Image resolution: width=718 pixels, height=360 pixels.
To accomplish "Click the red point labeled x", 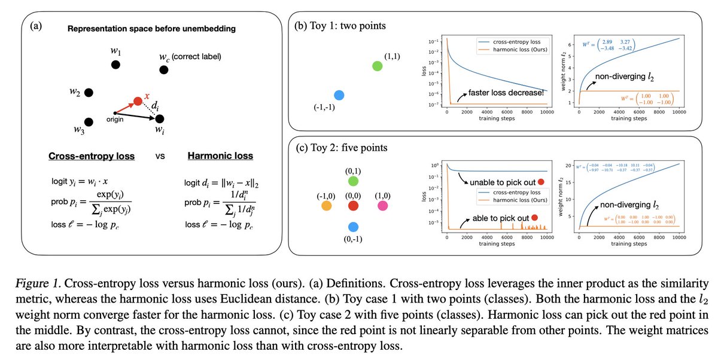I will (x=138, y=101).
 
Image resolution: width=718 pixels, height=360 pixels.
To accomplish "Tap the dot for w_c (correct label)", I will (x=163, y=71).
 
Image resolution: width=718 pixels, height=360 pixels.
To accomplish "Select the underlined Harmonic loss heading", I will (x=220, y=156).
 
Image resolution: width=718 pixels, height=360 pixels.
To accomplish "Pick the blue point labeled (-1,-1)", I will (x=339, y=94).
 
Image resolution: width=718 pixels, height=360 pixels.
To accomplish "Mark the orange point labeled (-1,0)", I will (x=327, y=206).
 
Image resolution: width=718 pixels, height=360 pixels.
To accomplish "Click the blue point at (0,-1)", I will (x=353, y=227).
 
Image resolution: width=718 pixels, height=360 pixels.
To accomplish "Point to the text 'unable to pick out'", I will (x=502, y=182).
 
